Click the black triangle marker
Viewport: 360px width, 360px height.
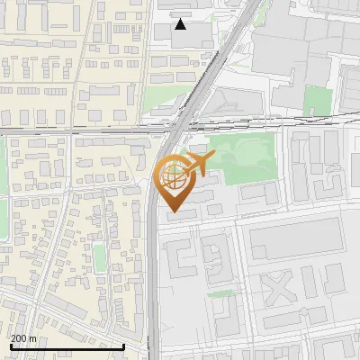[181, 24]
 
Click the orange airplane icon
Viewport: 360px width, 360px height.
[199, 164]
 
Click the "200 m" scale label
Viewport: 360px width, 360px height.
[24, 338]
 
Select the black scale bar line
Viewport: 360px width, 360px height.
[67, 346]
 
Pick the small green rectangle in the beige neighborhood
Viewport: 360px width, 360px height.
[100, 258]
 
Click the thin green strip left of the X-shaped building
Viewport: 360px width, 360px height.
[220, 293]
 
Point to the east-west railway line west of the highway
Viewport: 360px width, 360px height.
[72, 132]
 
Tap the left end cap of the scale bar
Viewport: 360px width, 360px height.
[11, 346]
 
